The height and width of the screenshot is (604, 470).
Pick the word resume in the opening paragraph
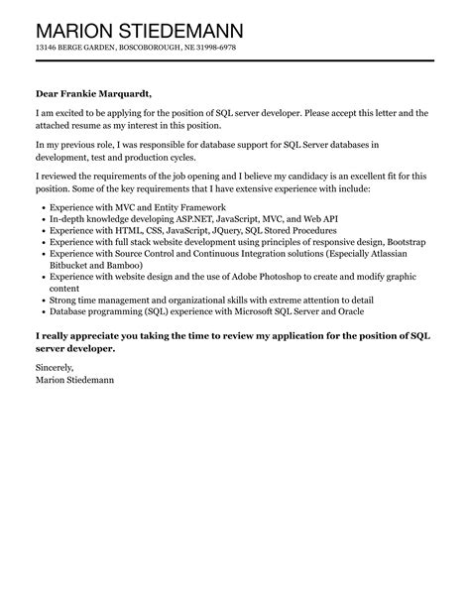pos(95,126)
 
